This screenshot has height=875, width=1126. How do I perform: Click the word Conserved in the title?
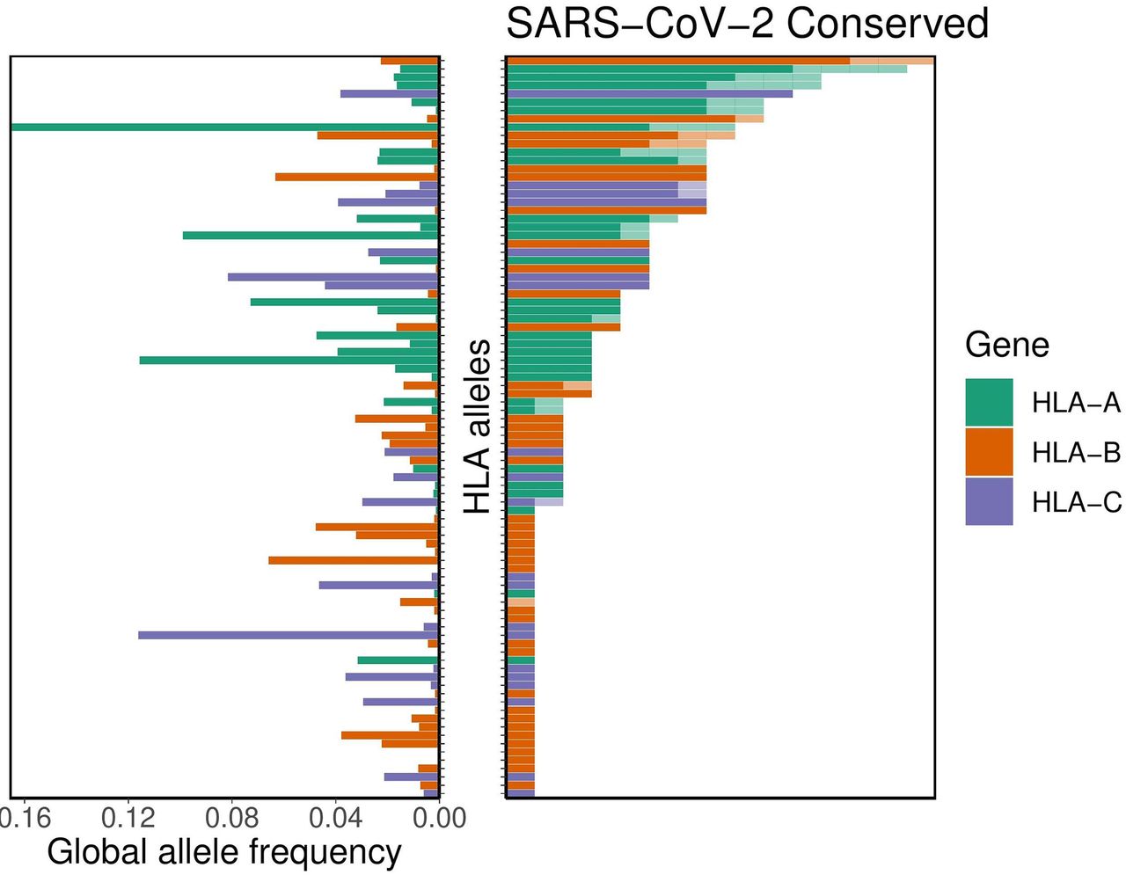coord(888,24)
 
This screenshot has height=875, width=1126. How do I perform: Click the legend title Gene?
coord(1006,344)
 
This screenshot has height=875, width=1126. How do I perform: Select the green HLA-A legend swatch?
coord(989,403)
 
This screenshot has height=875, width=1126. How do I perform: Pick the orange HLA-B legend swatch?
coord(989,452)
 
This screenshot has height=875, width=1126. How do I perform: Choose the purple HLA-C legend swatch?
coord(989,501)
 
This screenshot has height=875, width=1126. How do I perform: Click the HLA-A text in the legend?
coord(1076,403)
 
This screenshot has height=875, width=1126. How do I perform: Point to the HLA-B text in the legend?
coord(1076,453)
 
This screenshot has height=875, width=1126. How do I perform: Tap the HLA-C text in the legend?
coord(1076,502)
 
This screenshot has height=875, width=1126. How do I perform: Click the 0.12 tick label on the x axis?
coord(128,818)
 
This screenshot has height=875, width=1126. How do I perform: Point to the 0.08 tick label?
coord(232,818)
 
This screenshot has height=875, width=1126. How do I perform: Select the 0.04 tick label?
coord(335,818)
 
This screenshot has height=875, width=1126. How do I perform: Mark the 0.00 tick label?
coord(439,818)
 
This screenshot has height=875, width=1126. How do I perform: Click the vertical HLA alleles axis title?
coord(478,427)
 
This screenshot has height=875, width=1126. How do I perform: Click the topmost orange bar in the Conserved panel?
coord(677,61)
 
